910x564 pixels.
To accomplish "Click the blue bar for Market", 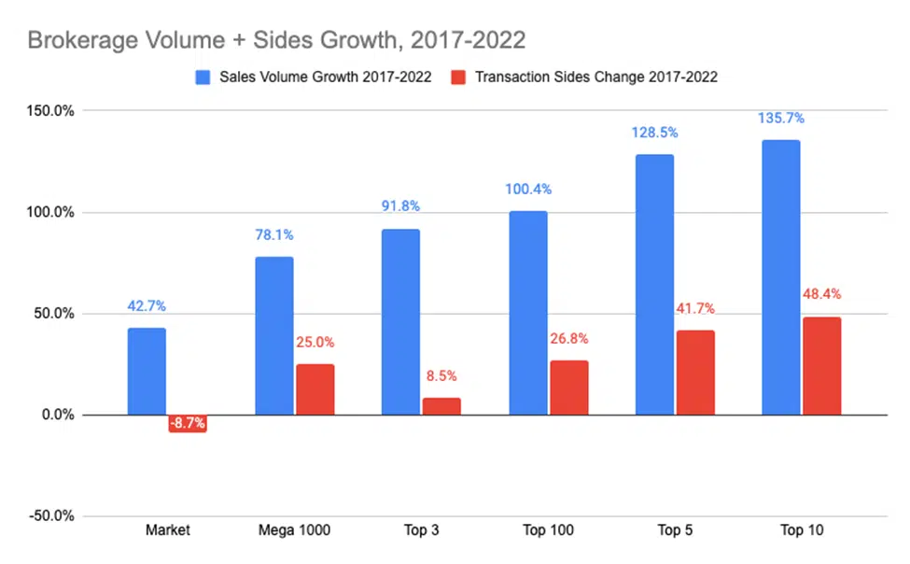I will [147, 372].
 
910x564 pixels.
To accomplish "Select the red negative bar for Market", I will [188, 424].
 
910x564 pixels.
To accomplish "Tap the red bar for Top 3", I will [441, 406].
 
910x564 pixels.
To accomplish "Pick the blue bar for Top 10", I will [781, 277].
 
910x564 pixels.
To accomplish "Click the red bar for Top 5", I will [695, 373].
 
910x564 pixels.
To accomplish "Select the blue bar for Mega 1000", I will [273, 336].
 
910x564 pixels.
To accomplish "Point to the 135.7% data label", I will [781, 119].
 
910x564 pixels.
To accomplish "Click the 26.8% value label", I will [568, 339].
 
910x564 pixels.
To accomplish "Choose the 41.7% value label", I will [695, 309].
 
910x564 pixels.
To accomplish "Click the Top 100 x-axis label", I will [548, 529].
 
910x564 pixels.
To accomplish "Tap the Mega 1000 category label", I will [294, 529].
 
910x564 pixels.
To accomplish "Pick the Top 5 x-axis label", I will [675, 529].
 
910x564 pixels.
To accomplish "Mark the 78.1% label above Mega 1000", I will [274, 235].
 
